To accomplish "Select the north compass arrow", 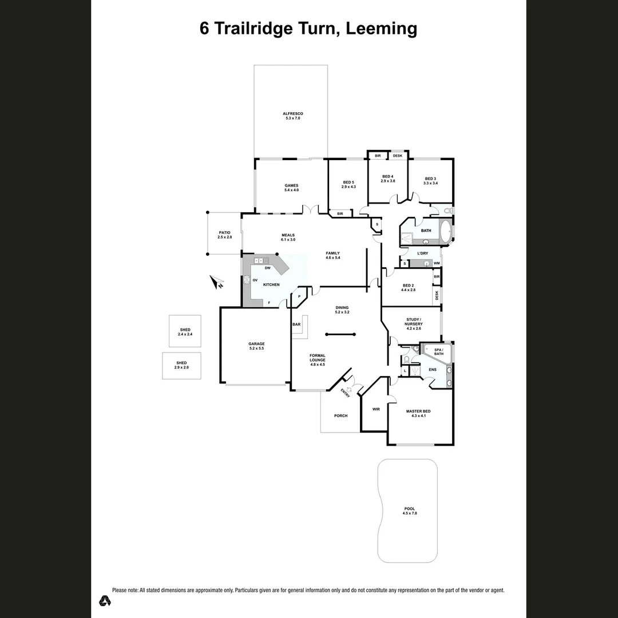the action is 217,282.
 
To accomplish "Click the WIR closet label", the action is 376,409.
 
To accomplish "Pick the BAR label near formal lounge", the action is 296,324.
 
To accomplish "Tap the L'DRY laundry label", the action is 423,253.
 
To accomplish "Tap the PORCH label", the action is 341,415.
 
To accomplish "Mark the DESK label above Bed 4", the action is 398,156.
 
